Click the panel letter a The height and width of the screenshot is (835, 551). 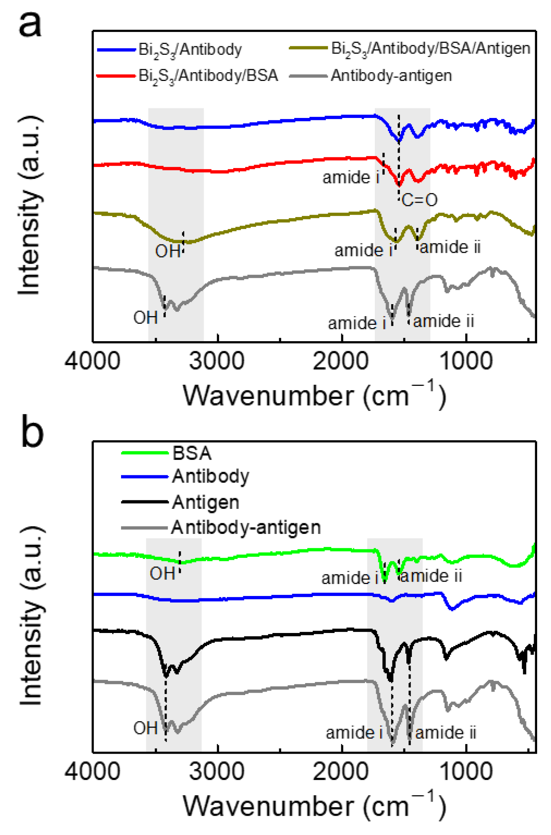click(30, 24)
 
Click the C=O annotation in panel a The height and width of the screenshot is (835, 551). click(419, 200)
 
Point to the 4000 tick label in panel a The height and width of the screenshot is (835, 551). click(92, 361)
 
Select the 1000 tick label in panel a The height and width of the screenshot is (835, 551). click(465, 361)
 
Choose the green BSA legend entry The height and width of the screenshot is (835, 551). click(192, 453)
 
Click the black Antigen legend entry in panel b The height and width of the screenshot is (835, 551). click(205, 502)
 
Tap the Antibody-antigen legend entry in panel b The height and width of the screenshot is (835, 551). click(246, 527)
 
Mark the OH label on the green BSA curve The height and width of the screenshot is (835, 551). click(162, 574)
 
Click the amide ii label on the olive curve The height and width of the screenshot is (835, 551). click(450, 247)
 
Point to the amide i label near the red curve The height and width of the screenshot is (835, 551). click(351, 177)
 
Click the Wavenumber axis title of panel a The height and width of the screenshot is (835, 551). click(314, 396)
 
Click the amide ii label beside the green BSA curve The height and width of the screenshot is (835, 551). click(431, 576)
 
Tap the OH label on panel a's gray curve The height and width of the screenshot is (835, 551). click(146, 318)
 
